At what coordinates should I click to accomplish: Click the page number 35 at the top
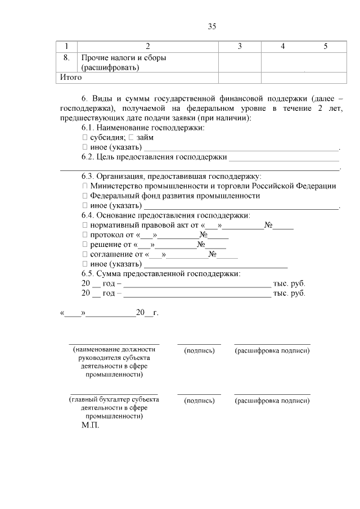(212, 26)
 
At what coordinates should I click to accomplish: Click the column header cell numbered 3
(240, 46)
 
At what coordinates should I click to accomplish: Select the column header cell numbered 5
(325, 46)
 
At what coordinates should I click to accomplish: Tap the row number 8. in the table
(66, 58)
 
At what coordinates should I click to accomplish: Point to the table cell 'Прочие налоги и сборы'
(124, 58)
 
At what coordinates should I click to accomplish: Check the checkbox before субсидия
(85, 137)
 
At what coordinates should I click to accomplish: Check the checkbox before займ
(130, 137)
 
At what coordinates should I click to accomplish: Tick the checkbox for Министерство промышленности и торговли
(85, 186)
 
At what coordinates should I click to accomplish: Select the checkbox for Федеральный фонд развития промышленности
(85, 196)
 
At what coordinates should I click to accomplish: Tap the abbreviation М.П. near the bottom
(90, 426)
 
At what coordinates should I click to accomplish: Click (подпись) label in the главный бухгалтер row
(199, 400)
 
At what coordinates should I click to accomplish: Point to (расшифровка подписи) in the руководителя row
(272, 351)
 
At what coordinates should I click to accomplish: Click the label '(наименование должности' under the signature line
(114, 349)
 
